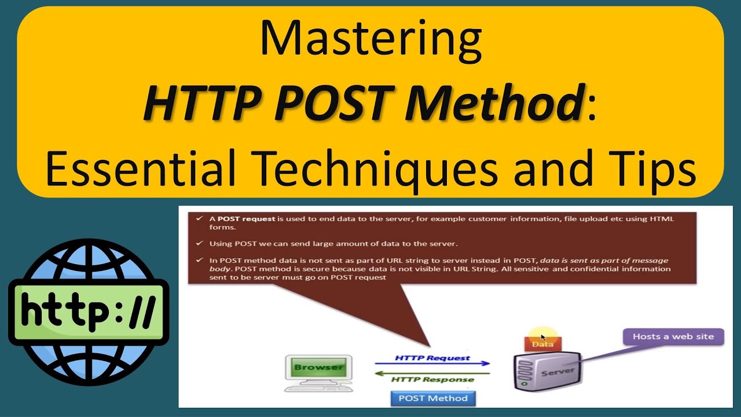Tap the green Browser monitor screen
point(318,367)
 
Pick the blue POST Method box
point(433,398)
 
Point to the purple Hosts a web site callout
point(673,336)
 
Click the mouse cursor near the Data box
point(543,337)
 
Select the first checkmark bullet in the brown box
point(199,219)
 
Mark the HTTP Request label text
point(432,357)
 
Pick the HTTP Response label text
point(432,380)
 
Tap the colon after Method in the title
point(591,104)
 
